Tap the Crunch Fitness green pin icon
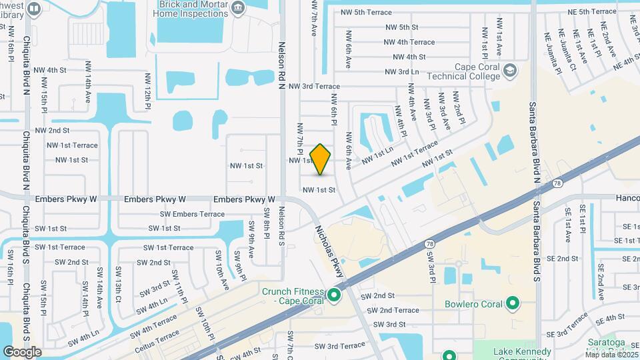pyautogui.click(x=335, y=294)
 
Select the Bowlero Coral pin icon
pyautogui.click(x=513, y=305)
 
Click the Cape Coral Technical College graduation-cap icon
pyautogui.click(x=510, y=70)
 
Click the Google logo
pyautogui.click(x=22, y=352)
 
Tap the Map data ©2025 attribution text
pyautogui.click(x=609, y=354)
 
